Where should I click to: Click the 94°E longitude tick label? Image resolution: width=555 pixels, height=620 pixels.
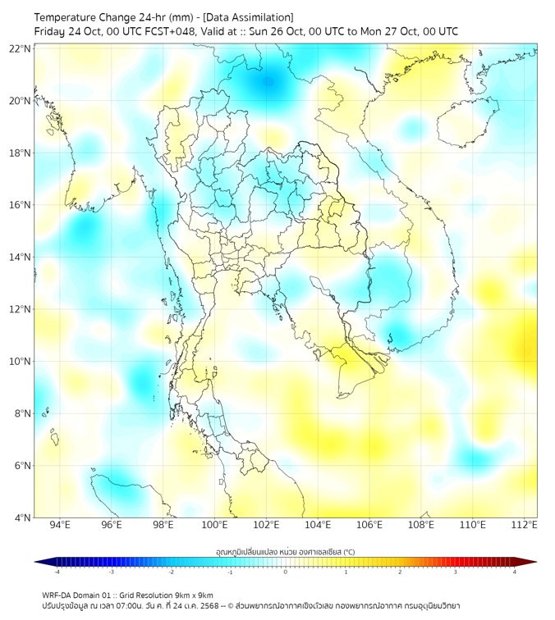60,525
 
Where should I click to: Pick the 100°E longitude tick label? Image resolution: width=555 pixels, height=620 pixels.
214,525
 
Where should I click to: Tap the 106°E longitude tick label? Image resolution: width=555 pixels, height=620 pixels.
369,525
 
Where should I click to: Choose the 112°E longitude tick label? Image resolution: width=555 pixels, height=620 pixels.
525,525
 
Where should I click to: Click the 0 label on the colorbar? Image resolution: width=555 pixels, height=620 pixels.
286,572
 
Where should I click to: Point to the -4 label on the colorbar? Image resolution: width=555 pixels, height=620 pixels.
56,572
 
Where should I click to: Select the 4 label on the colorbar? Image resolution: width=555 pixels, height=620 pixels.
515,572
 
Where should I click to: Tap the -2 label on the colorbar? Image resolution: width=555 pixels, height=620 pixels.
170,572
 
